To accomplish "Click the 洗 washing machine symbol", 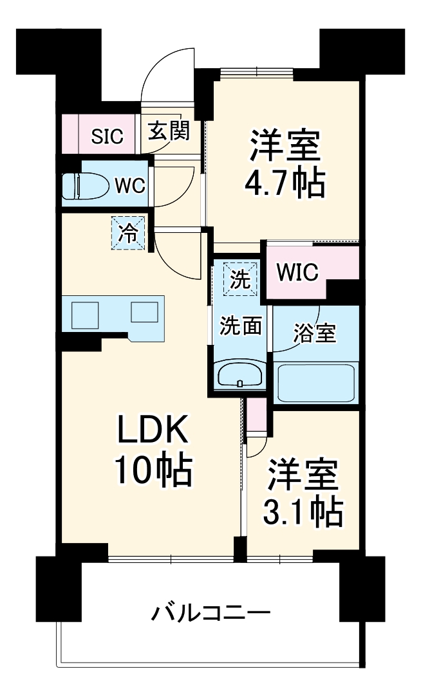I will [x=239, y=279].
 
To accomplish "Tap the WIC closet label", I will [x=297, y=273].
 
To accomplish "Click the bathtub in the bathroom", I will [x=315, y=383].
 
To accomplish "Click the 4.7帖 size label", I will [x=284, y=184].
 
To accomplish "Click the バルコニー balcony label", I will [x=211, y=612].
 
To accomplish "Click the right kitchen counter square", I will [x=144, y=313].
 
